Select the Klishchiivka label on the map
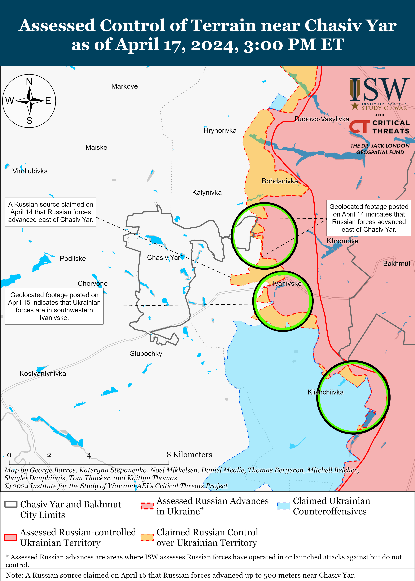(x=325, y=392)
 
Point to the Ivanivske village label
(x=287, y=283)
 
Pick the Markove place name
(x=124, y=86)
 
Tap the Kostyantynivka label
(x=43, y=373)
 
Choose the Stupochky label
(x=146, y=354)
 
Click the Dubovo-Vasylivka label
(x=322, y=119)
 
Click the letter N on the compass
(x=29, y=82)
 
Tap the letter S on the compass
(x=29, y=121)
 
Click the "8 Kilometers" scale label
(x=189, y=455)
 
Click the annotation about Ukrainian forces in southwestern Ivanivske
(x=54, y=306)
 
